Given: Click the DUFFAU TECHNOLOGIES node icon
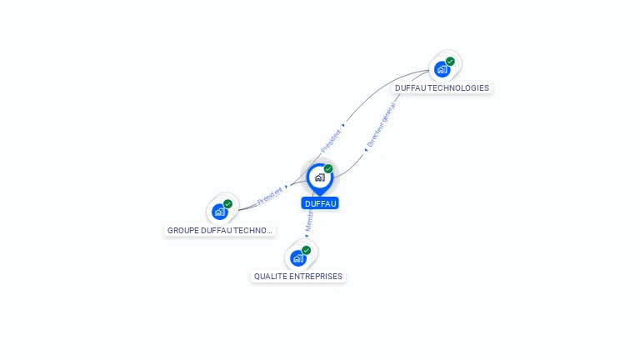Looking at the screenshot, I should [442, 70].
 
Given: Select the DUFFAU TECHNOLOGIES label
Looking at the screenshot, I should [442, 88].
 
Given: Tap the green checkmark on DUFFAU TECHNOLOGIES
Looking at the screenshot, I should [450, 61].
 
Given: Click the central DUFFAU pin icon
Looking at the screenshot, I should [318, 177].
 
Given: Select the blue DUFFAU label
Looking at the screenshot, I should [321, 203].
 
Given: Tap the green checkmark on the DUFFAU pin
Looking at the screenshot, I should [328, 168].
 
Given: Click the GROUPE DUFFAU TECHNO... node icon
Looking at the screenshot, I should [220, 212].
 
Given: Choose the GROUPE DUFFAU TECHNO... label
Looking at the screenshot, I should [220, 230].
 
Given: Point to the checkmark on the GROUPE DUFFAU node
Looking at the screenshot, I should [228, 203].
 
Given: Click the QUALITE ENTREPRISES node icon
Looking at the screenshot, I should [298, 258].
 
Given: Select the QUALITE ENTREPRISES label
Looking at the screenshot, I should [298, 277].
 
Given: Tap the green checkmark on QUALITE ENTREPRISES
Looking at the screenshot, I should [307, 250].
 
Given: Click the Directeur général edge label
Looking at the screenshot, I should [381, 126].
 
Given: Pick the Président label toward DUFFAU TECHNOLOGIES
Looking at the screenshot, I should [331, 138].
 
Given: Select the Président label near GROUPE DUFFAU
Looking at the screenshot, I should [270, 197].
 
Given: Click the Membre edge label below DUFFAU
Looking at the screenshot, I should [308, 221].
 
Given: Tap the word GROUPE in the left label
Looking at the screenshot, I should [182, 230].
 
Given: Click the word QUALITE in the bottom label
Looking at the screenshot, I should [270, 277].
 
